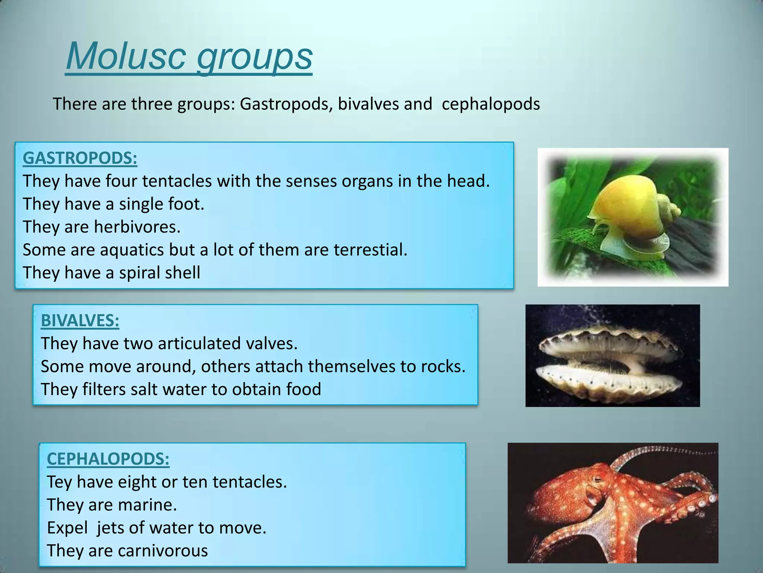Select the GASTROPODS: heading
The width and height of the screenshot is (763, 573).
80,158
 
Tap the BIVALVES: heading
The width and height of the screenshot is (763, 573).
80,320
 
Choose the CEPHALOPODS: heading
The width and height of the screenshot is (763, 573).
108,459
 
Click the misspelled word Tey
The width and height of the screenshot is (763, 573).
60,482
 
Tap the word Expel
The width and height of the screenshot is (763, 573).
67,528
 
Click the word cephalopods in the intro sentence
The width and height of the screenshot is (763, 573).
490,104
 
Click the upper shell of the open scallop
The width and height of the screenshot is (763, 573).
611,339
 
